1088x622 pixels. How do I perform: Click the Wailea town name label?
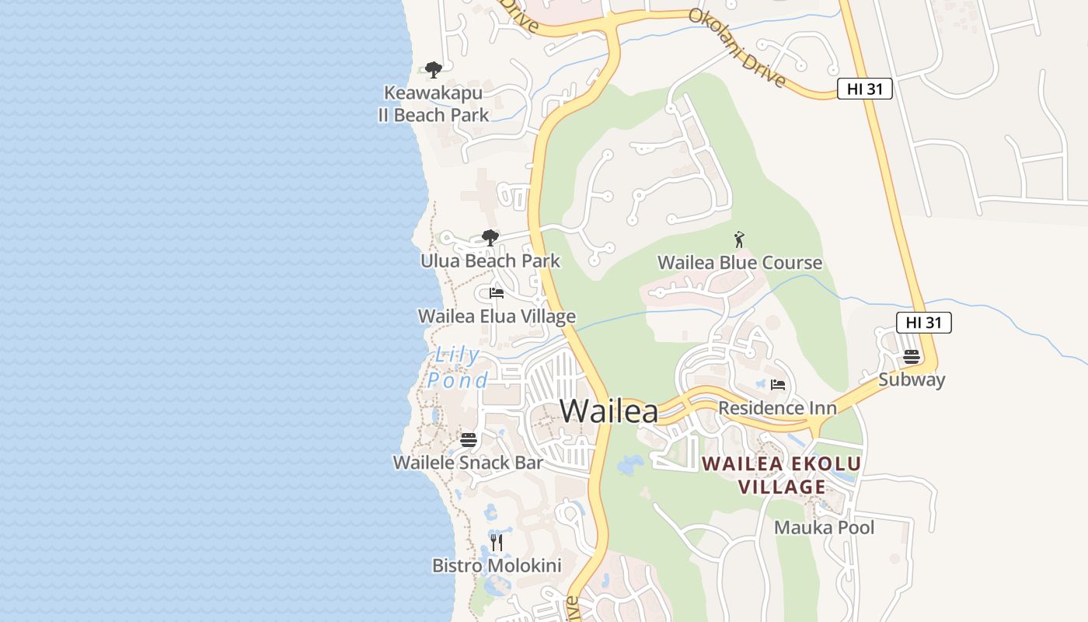[609, 411]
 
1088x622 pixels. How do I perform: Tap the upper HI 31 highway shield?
[864, 89]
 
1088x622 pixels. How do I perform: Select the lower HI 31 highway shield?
[923, 322]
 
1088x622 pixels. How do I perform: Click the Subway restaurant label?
[912, 380]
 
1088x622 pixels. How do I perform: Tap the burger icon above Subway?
[912, 357]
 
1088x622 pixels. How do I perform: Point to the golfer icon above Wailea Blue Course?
[739, 239]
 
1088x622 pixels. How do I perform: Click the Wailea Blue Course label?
[739, 263]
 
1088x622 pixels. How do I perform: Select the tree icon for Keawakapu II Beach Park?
[434, 70]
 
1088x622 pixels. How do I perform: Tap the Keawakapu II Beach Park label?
[434, 104]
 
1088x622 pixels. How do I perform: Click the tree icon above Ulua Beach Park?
[490, 238]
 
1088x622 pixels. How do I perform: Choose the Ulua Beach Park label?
[490, 261]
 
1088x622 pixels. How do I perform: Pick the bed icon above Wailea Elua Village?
[497, 293]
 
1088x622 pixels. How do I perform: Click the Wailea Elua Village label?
[497, 316]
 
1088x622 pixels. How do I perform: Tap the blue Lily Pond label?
[457, 368]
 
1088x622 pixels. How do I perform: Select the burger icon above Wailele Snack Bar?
[468, 439]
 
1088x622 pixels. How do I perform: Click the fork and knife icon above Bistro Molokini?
[497, 542]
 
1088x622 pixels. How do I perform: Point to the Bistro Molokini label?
[497, 565]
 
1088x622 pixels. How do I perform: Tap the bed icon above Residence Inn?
[777, 384]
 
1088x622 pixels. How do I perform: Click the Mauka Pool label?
[824, 528]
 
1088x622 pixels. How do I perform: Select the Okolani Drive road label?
[737, 48]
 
